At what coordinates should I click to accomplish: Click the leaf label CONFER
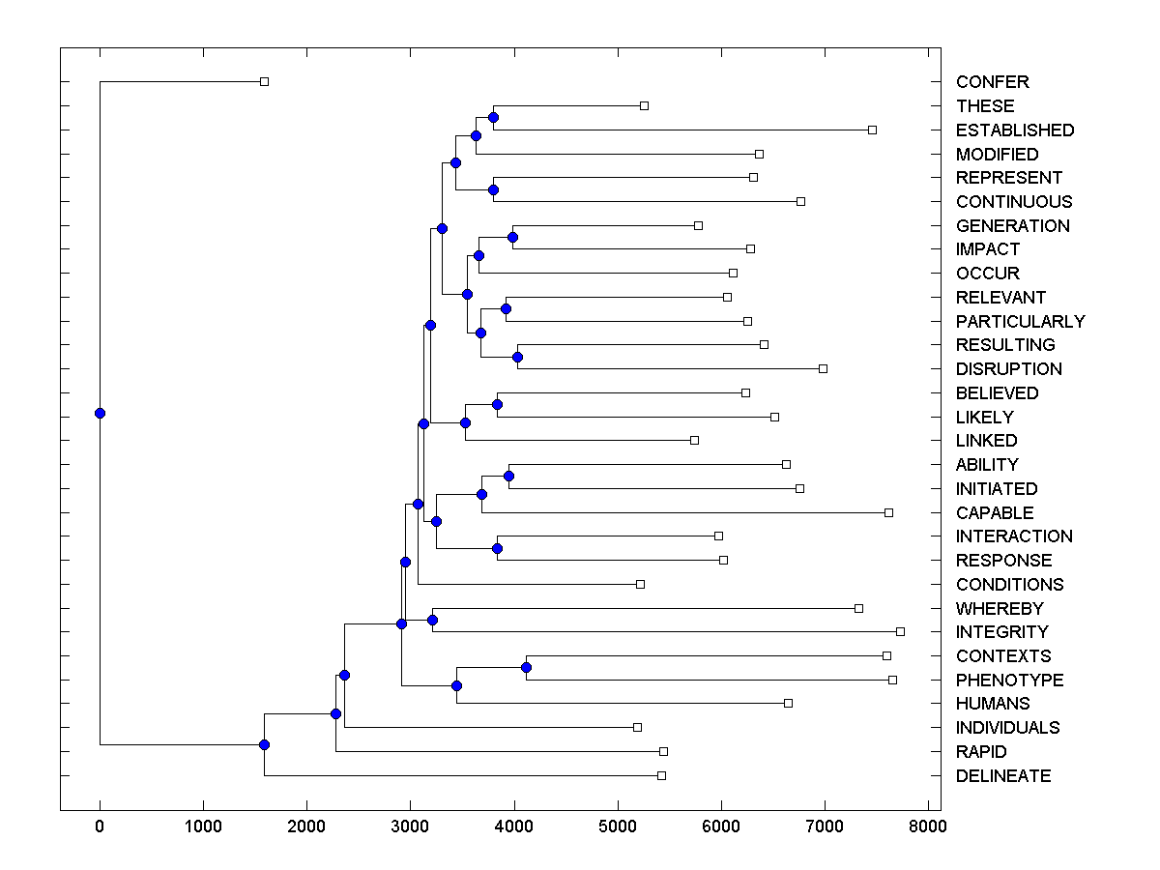(x=992, y=82)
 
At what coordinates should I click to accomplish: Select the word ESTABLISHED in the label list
(x=1014, y=130)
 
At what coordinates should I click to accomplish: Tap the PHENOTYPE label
(x=1009, y=681)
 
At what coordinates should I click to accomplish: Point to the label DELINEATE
(x=1002, y=776)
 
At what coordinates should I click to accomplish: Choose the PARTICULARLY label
(x=1020, y=321)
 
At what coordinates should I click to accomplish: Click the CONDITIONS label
(x=1009, y=585)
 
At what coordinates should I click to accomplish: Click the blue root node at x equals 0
(x=100, y=413)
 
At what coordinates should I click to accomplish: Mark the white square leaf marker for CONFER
(x=264, y=82)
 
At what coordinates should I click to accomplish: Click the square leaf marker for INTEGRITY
(x=900, y=631)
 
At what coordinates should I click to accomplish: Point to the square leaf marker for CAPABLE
(x=888, y=512)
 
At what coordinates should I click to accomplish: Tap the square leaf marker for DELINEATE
(x=661, y=775)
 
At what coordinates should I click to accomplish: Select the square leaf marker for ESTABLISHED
(x=872, y=130)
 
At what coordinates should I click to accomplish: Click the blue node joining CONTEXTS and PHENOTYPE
(x=526, y=668)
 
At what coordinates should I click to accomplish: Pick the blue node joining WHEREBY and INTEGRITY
(x=432, y=620)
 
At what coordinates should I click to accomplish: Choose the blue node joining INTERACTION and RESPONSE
(x=497, y=548)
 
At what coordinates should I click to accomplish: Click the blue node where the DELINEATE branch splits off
(x=264, y=744)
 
